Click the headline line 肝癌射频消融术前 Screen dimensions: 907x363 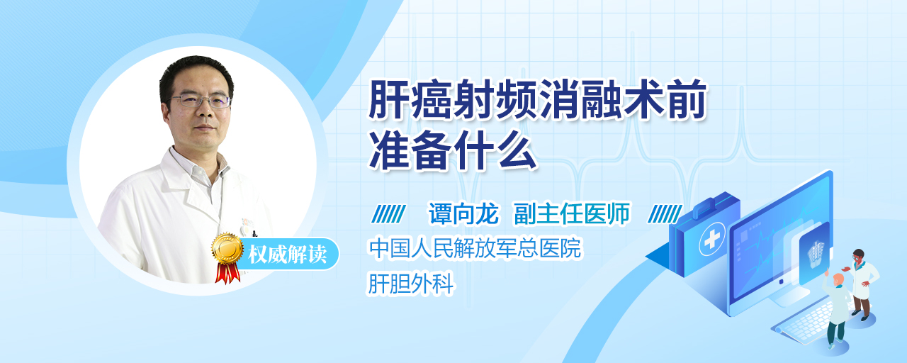[x=537, y=100]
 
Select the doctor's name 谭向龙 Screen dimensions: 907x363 [x=463, y=213]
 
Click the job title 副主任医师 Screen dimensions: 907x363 [x=572, y=213]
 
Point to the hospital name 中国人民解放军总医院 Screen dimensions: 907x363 [x=475, y=248]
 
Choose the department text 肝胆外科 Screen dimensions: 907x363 [x=410, y=283]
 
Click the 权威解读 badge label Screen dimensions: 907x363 [x=288, y=255]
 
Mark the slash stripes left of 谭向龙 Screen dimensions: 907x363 [x=388, y=214]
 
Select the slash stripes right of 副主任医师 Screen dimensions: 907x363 [x=665, y=214]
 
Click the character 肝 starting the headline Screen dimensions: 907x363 [x=389, y=100]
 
